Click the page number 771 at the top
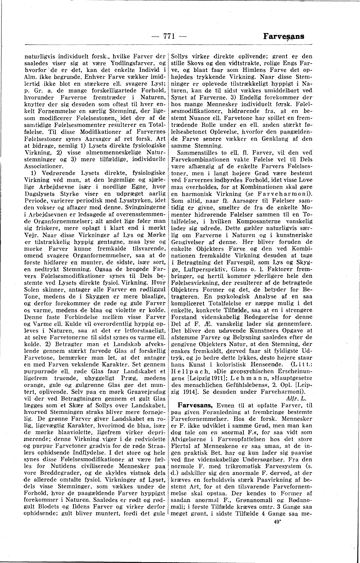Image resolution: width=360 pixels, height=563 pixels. (x=169, y=37)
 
